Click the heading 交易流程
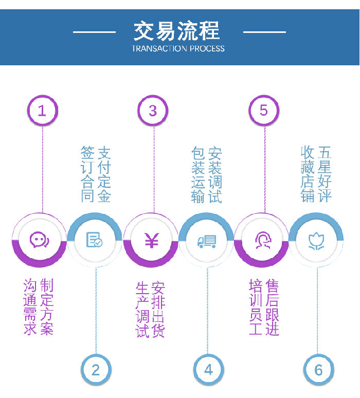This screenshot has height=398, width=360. pos(177,30)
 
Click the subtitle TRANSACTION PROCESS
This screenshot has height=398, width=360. pos(178,49)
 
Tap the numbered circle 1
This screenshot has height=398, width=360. pos(42,110)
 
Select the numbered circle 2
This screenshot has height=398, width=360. pos(96,369)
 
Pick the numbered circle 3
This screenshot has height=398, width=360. pos(152,110)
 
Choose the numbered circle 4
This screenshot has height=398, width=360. pos(208,369)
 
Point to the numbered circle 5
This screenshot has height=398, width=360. pos(264,110)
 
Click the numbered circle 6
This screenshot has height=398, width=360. pos(318,369)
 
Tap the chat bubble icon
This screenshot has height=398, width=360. pos(39,240)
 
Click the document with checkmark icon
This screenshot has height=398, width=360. pos(94,240)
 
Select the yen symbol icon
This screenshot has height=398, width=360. pos(151,240)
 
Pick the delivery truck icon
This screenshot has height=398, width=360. pos(207,241)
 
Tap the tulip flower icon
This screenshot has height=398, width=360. pos(316,240)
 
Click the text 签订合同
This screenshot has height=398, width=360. pos(88,174)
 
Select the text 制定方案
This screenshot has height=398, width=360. pos(47,307)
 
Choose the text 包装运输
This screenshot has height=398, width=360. pos(198,174)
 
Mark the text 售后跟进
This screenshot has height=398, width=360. pos(272,307)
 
